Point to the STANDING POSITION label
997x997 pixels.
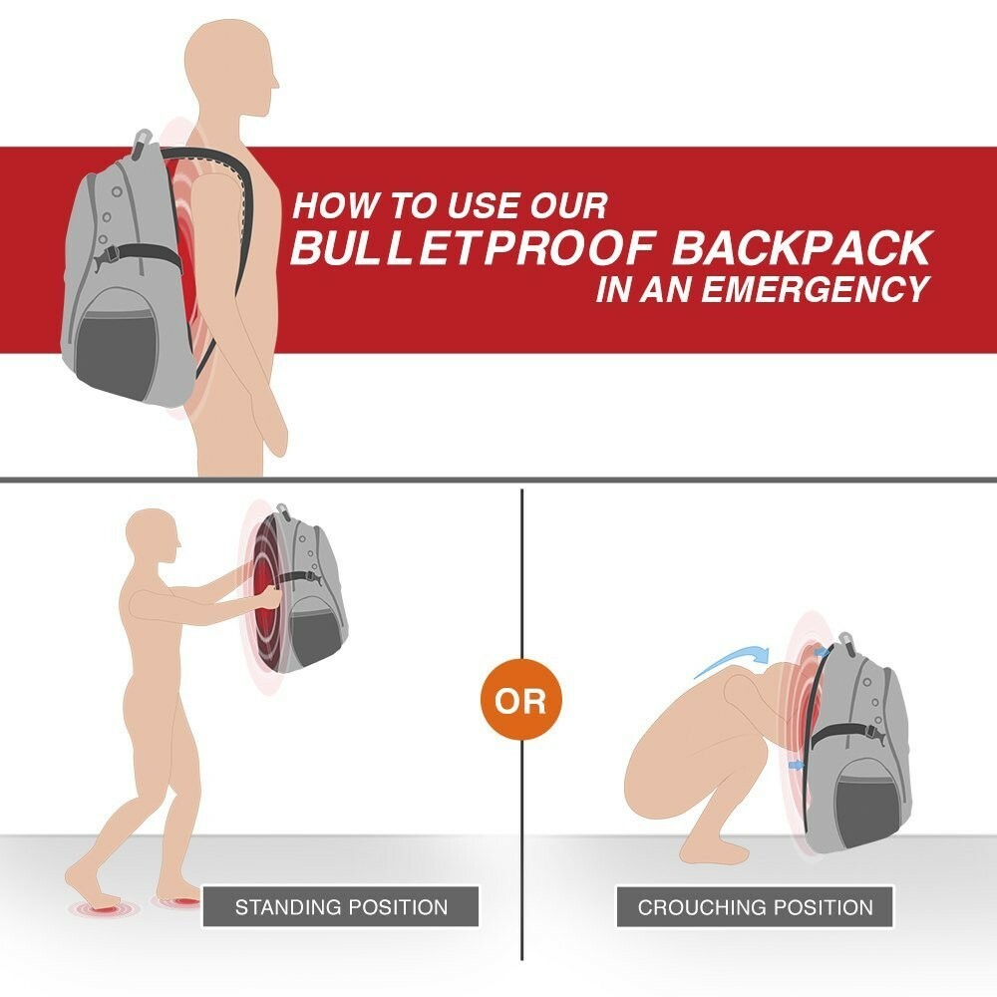tap(341, 907)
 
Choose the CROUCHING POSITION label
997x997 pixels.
tap(755, 907)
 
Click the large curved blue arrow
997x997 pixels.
tap(731, 661)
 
